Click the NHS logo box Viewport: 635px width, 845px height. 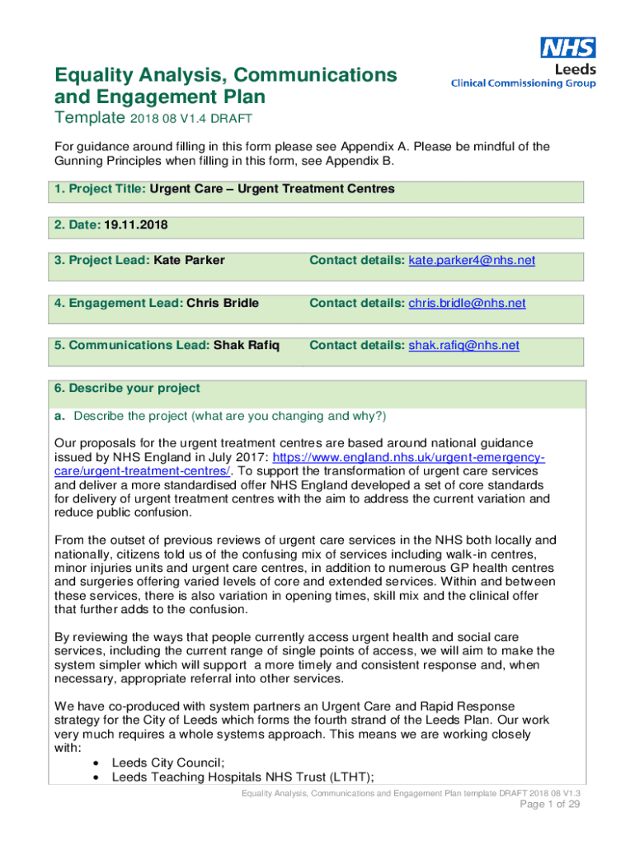click(568, 48)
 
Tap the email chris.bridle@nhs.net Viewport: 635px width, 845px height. click(467, 304)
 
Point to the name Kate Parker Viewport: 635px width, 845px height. click(189, 261)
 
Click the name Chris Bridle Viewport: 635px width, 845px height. click(223, 304)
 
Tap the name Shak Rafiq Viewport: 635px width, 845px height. click(247, 346)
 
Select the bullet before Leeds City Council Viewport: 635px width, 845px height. click(98, 762)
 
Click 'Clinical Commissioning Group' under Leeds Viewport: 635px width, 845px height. click(523, 83)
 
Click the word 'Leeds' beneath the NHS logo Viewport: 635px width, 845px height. click(575, 70)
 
